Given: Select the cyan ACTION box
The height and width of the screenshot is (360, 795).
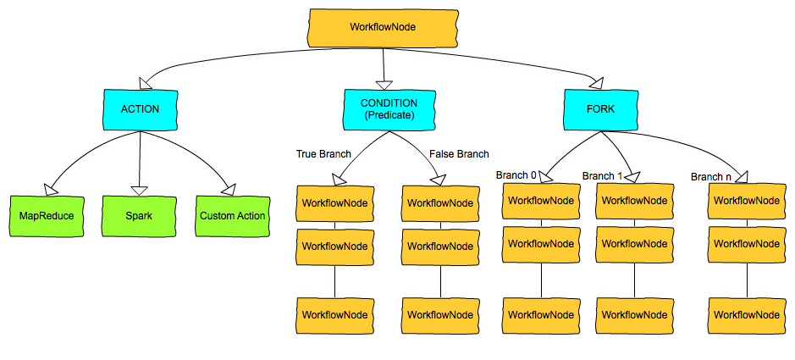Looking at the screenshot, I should (140, 109).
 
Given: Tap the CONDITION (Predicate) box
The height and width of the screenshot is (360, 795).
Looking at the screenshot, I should (383, 109).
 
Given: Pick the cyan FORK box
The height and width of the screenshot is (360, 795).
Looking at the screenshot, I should (601, 109).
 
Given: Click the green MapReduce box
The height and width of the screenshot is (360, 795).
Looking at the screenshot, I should (47, 216).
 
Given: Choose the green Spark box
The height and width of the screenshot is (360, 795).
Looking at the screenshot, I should (140, 216).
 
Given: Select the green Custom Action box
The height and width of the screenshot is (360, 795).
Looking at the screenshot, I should (233, 216).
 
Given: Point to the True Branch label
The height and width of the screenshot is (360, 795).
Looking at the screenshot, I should (323, 154).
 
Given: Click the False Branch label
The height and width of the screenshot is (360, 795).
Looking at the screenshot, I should (459, 154).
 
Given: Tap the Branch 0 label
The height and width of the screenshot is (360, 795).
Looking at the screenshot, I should (516, 175).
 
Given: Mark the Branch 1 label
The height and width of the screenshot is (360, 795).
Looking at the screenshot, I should (602, 175).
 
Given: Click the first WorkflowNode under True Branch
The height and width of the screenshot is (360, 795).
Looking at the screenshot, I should (334, 203).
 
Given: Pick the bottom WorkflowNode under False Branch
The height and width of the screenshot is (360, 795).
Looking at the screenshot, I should (440, 314).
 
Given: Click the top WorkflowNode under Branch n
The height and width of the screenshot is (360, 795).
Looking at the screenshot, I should (746, 201).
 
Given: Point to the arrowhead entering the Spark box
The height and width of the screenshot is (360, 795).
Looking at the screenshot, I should (140, 190).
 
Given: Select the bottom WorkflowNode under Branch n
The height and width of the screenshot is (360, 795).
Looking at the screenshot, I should (746, 314).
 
